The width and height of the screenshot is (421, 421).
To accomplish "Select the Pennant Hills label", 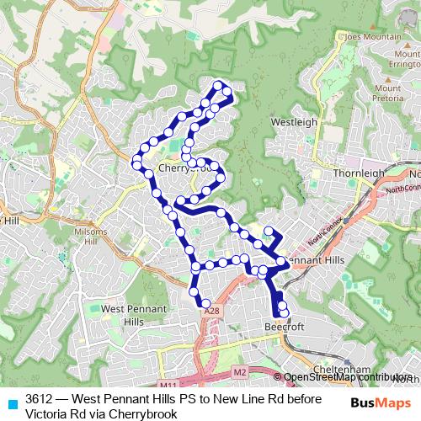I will point(315,261).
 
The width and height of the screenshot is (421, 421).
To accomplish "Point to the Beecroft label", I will point(283,326).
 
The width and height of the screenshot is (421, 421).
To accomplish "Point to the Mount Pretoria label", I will point(387,93).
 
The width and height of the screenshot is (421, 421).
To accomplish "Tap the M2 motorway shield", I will point(239,371).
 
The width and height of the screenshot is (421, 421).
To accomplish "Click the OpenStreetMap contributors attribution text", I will point(348,377).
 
